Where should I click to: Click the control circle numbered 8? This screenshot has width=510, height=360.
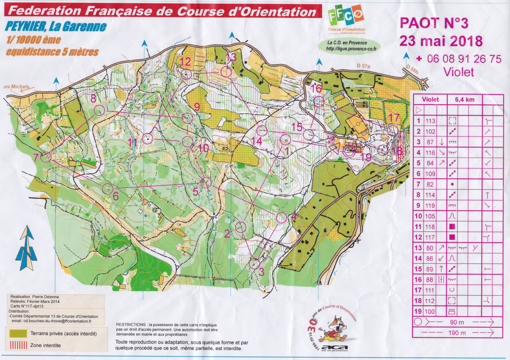pyautogui.click(x=99, y=111)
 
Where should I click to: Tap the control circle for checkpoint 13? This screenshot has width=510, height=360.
pyautogui.click(x=226, y=72)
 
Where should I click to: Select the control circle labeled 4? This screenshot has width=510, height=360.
pyautogui.click(x=281, y=217)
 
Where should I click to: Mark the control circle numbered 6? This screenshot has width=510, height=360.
pyautogui.click(x=108, y=188)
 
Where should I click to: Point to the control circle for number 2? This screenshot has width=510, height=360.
pyautogui.click(x=240, y=227)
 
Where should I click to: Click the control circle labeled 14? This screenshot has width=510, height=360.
pyautogui.click(x=262, y=131)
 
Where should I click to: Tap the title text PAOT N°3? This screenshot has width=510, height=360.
pyautogui.click(x=434, y=23)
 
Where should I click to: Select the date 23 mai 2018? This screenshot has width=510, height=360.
pyautogui.click(x=441, y=41)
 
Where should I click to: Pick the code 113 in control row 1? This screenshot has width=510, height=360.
pyautogui.click(x=430, y=121)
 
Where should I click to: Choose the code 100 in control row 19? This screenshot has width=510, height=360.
pyautogui.click(x=430, y=311)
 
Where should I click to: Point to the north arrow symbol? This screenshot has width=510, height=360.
pyautogui.click(x=27, y=248)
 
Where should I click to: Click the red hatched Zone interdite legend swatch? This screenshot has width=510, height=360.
pyautogui.click(x=18, y=345)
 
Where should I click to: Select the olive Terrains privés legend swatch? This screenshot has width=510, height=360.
pyautogui.click(x=18, y=333)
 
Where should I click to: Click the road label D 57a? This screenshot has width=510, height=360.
pyautogui.click(x=364, y=66)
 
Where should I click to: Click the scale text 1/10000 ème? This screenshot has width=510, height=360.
pyautogui.click(x=33, y=40)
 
